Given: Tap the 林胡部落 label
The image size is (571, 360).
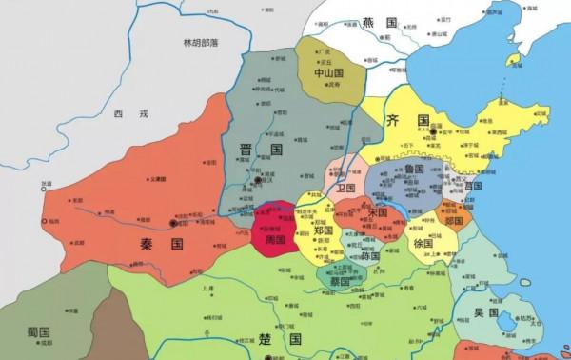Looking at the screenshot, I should pos(207,43).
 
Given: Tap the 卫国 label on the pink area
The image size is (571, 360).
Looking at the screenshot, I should pos(346,187).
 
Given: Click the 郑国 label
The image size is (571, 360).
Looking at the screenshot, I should pos(324,230).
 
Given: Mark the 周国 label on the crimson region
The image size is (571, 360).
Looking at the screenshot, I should pos(276,239).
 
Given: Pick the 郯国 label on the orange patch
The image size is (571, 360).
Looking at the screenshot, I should pos(455,220).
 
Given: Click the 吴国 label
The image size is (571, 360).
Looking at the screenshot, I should pos(487,310).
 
